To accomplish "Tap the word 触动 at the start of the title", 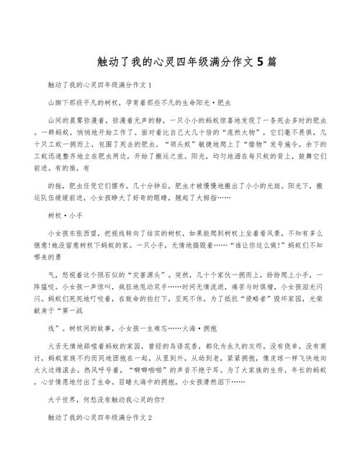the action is click(x=104, y=63).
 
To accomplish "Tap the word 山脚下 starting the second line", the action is click(x=56, y=102).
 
